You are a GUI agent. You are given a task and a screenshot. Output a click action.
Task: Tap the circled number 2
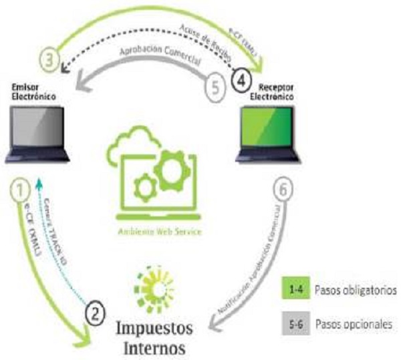click(x=96, y=312)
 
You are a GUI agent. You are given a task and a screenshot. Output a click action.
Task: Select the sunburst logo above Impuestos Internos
click(x=154, y=288)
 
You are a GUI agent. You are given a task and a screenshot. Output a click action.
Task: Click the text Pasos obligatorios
click(x=354, y=291)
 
